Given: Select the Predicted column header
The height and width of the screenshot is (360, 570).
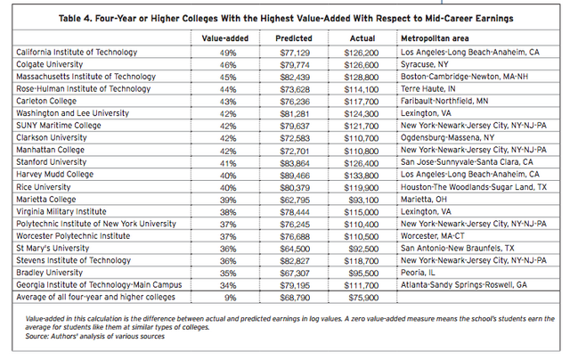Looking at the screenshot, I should coord(295,39).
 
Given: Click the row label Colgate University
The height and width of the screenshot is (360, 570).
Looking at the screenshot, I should coord(53,64).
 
